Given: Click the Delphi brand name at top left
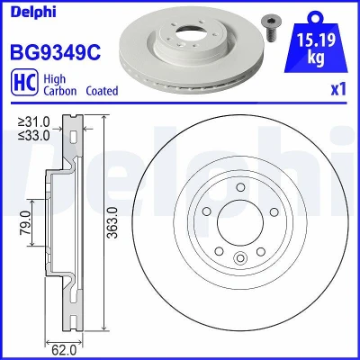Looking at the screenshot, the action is pos(33,12).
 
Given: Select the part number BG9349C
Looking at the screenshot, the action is pos(56,52).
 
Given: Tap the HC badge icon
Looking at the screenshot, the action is pos(24,82).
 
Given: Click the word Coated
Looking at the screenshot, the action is pos(102,91).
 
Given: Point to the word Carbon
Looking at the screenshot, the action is pos(60,91).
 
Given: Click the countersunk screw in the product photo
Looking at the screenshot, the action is pos(268,29).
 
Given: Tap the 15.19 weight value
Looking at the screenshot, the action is pos(316,40).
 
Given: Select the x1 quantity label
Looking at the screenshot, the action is pos(338,89).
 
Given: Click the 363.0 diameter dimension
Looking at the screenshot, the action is pos(112,222).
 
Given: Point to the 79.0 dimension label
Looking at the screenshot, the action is pos(26,222).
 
